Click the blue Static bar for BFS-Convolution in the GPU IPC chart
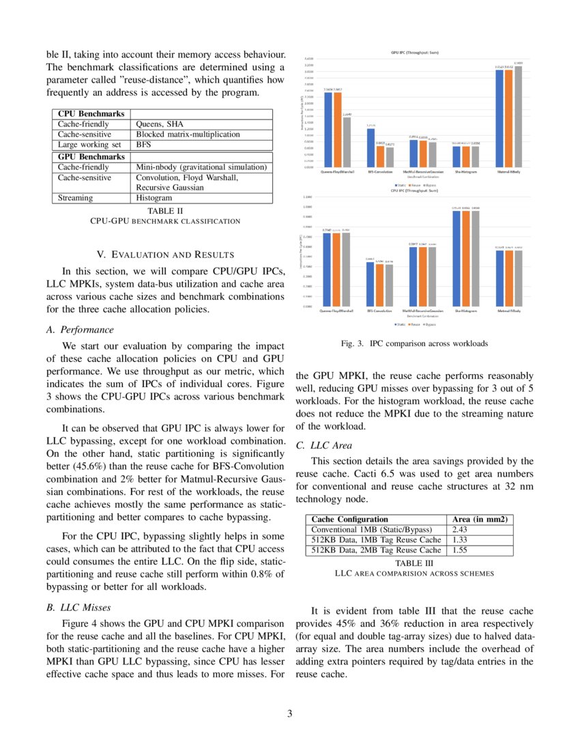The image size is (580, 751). point(371,147)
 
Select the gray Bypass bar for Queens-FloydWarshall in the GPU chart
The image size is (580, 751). point(347,142)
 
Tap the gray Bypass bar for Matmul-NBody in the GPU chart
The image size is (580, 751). point(519,117)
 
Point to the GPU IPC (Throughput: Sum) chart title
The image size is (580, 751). point(414,53)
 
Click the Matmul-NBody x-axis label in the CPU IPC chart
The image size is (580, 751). point(509,310)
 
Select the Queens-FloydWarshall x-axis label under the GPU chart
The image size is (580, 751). point(337,171)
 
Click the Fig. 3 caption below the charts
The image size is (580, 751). point(414,343)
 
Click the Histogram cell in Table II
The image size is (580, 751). point(155,198)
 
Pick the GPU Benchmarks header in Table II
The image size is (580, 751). point(91,156)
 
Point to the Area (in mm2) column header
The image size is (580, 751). point(481,520)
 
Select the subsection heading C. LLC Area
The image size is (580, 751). point(325,446)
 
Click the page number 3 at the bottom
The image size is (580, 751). point(289,714)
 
